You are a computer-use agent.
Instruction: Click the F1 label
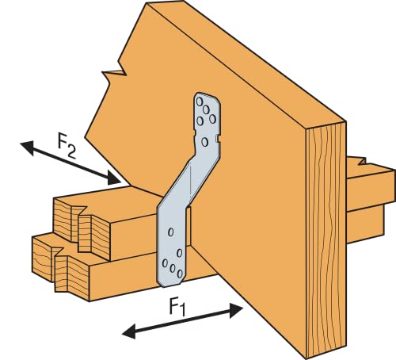click(177, 307)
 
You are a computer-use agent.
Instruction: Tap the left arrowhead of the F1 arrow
click(129, 332)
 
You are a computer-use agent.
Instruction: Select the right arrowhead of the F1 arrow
click(236, 311)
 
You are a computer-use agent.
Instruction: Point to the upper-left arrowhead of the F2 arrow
click(27, 147)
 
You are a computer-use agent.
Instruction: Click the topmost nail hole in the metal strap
click(200, 101)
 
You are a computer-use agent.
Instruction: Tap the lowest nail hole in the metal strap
click(180, 274)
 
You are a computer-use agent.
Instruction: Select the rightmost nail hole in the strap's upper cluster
click(212, 119)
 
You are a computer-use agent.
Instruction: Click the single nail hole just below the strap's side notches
click(204, 142)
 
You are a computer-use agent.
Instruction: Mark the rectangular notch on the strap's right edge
click(218, 138)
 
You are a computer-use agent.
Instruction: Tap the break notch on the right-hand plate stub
click(362, 161)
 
